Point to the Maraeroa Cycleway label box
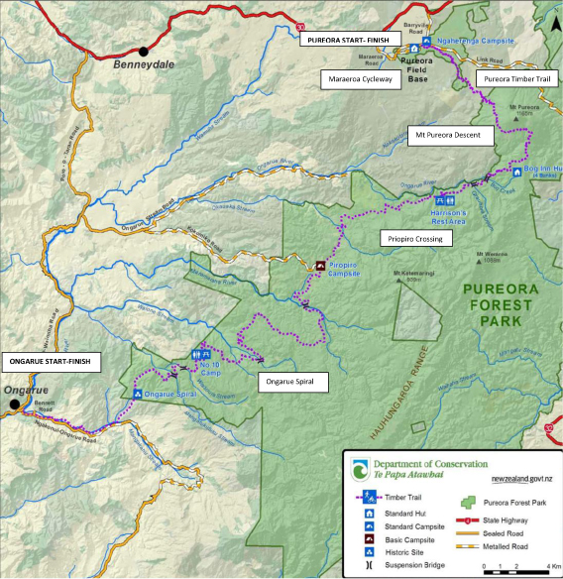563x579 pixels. [356, 77]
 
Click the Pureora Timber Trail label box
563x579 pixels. [516, 77]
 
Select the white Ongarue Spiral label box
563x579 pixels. [288, 379]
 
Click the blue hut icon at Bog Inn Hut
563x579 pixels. [516, 171]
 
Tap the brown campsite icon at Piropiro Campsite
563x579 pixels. [320, 266]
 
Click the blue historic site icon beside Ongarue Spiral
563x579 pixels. [137, 395]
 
